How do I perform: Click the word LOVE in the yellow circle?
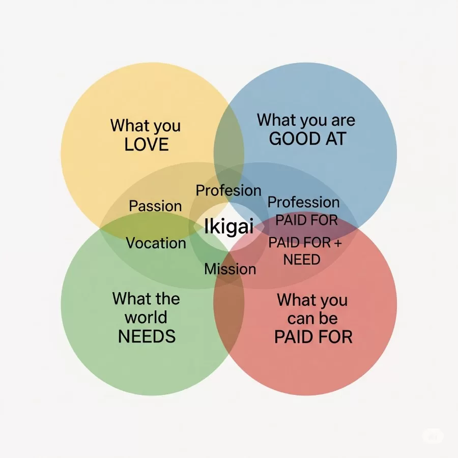[x=147, y=145]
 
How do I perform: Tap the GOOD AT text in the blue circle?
[x=307, y=139]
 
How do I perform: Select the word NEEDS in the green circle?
[x=147, y=336]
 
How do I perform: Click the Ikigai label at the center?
[x=228, y=227]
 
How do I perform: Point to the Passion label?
[x=155, y=206]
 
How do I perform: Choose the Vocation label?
[x=156, y=243]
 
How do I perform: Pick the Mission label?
[x=230, y=269]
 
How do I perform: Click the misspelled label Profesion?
[x=228, y=191]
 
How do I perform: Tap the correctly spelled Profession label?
[x=303, y=202]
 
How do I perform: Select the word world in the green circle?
[x=146, y=318]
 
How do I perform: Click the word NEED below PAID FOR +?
[x=302, y=260]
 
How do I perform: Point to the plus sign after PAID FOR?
[x=337, y=243]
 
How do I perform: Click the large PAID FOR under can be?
[x=313, y=337]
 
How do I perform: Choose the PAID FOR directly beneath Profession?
[x=306, y=220]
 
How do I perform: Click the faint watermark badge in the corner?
[x=433, y=436]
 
